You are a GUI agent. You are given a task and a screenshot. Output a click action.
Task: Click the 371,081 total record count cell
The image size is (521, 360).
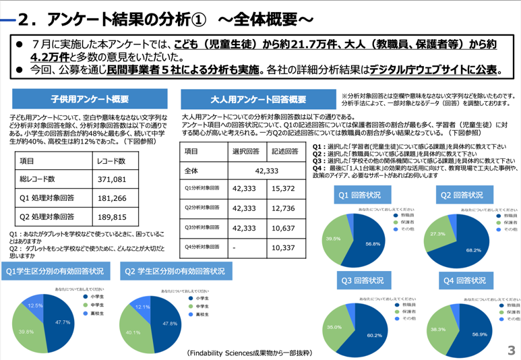(x=112, y=179)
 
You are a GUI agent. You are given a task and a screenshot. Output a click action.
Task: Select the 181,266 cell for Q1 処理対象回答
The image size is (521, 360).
(x=112, y=198)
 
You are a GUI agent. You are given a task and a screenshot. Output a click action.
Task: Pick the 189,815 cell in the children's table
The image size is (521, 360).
(x=112, y=217)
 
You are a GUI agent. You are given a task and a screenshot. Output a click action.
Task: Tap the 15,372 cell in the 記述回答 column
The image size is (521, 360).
(x=283, y=190)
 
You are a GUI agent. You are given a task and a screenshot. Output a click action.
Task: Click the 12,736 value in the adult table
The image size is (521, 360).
(x=283, y=209)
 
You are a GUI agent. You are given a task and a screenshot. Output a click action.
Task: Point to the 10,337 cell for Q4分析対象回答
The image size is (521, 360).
(x=283, y=247)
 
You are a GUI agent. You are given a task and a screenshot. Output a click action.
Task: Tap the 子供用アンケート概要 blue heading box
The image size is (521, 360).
(x=90, y=99)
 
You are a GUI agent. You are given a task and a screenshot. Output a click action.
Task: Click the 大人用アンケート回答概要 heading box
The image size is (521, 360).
(x=257, y=100)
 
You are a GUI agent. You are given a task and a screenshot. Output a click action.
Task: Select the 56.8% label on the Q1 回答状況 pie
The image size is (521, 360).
(x=373, y=243)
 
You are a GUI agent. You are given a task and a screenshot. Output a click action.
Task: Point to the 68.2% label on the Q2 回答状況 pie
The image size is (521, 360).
(x=473, y=250)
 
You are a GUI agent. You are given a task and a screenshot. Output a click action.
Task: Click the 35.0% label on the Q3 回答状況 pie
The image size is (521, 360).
(x=334, y=327)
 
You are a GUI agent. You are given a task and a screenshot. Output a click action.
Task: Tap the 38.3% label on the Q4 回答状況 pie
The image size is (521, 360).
(x=437, y=330)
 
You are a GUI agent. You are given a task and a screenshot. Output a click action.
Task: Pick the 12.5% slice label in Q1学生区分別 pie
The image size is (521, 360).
(x=35, y=305)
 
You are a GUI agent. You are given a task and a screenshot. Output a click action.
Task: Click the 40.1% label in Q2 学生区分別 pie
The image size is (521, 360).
(x=133, y=332)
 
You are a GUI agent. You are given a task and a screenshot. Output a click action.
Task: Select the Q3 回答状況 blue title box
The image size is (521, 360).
(x=361, y=280)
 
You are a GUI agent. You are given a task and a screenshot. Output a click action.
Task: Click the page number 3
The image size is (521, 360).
(x=511, y=350)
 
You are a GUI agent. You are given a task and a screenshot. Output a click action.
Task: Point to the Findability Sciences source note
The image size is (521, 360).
(x=249, y=353)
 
